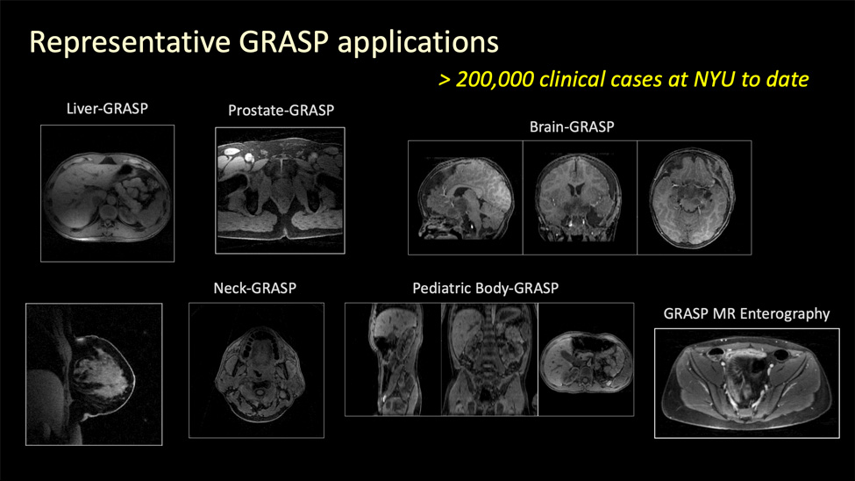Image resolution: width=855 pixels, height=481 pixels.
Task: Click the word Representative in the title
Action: (x=130, y=43)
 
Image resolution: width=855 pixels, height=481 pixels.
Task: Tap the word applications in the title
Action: (x=417, y=43)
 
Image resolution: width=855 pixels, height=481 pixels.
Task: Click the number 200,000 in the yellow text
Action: (x=495, y=80)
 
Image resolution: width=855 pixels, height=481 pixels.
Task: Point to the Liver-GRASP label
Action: (x=107, y=109)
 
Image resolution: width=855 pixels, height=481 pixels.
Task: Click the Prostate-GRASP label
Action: (x=281, y=111)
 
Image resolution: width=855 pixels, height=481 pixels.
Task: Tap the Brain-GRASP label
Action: (x=572, y=126)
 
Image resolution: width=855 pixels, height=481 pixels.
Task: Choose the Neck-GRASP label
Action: (x=254, y=288)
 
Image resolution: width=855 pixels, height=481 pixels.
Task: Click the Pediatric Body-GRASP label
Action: (x=485, y=288)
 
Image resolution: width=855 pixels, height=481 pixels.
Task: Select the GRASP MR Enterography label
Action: (x=746, y=314)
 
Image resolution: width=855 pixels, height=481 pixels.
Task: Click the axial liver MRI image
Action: (x=107, y=193)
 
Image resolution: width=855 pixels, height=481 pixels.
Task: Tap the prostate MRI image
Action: (x=281, y=190)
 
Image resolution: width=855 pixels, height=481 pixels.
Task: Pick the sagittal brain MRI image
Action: (x=465, y=197)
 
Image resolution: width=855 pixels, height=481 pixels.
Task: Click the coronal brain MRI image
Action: (x=580, y=197)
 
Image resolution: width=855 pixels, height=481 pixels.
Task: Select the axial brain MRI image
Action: (x=695, y=197)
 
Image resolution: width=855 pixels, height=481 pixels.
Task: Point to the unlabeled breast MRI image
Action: (x=94, y=375)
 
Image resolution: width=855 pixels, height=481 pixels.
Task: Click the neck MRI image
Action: (x=256, y=370)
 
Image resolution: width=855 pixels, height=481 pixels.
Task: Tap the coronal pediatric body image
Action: (x=489, y=359)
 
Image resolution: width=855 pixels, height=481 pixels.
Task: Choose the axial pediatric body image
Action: (x=586, y=359)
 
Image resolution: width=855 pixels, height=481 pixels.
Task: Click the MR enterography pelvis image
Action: (x=747, y=384)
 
